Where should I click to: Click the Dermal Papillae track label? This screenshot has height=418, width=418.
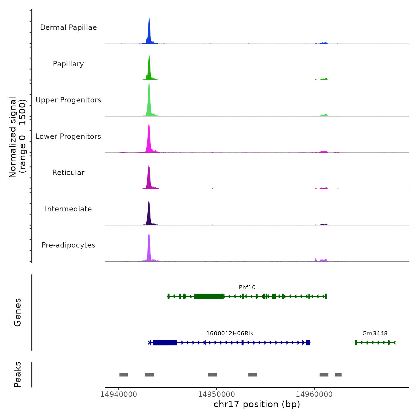(x=68, y=27)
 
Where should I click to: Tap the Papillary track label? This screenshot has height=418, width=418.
(x=68, y=64)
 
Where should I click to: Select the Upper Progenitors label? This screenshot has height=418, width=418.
(x=68, y=100)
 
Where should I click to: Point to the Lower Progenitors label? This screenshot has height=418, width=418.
(x=68, y=136)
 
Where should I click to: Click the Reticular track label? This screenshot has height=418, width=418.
(x=68, y=173)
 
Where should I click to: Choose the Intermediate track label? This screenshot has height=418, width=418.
(x=68, y=209)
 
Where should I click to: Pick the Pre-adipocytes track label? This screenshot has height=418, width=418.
(x=68, y=245)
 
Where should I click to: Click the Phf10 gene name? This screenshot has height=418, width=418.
(x=247, y=288)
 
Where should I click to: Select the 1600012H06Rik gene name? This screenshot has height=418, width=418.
(x=230, y=334)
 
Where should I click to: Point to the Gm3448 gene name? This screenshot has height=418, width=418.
(x=375, y=334)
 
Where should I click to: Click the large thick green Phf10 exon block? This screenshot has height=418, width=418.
(x=209, y=296)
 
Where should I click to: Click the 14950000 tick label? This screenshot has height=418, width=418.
(x=216, y=394)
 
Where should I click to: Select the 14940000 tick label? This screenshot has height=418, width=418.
(x=119, y=394)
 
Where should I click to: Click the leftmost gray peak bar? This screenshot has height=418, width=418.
(x=124, y=375)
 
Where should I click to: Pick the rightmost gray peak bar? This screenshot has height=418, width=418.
(x=338, y=375)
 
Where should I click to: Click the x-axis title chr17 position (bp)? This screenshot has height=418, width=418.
(x=257, y=405)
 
